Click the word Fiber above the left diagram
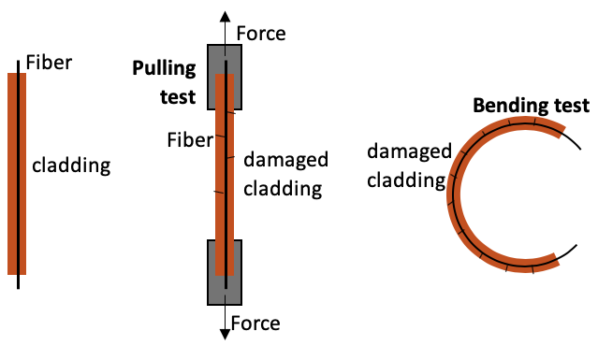49,64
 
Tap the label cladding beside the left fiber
71,166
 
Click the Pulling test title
164,81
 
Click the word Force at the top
261,35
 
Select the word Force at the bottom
255,324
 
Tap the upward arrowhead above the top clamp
225,17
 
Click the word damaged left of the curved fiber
409,151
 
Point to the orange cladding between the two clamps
222,178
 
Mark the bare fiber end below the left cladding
18,281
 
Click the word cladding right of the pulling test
282,188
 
